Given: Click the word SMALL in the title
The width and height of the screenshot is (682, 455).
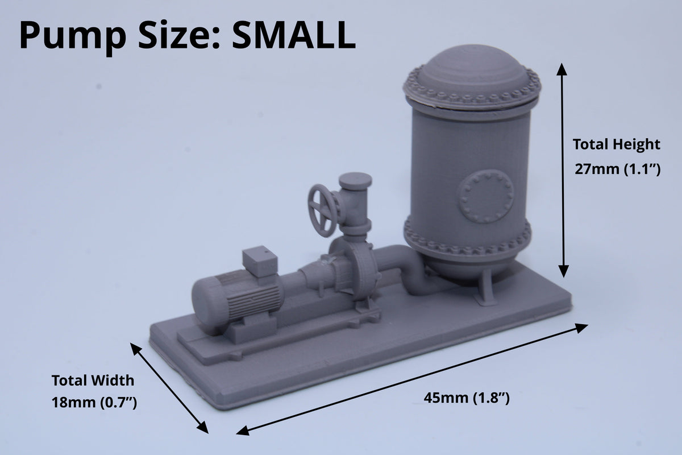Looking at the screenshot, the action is click(294, 35).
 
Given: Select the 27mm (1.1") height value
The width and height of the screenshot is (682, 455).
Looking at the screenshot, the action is click(617, 169).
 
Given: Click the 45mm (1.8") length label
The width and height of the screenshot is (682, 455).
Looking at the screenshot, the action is click(467, 398).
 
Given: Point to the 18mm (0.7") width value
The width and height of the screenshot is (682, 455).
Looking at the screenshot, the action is click(94, 403).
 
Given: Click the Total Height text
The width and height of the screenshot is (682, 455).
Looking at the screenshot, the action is click(617, 144).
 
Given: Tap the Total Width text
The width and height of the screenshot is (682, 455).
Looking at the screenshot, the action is click(93, 380).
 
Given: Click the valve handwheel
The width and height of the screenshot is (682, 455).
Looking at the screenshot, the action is click(322, 210).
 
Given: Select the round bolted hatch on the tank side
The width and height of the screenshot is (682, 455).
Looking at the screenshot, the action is click(485, 196).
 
